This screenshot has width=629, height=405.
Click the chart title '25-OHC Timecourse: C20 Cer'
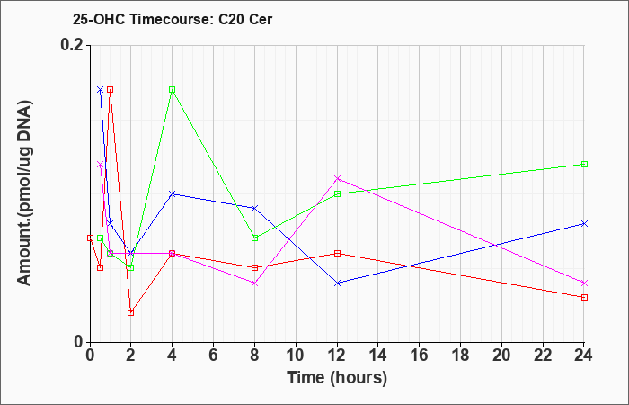173,19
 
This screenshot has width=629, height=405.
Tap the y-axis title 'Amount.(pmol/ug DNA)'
24,193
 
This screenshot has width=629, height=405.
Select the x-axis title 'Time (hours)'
337,378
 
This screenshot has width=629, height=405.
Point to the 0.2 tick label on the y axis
72,45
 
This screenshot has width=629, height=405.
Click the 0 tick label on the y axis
78,342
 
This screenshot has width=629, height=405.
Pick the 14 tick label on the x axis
378,355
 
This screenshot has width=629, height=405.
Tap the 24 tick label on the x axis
584,355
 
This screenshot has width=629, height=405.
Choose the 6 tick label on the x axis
214,355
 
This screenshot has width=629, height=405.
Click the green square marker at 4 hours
173,90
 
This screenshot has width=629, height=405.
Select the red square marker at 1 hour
111,90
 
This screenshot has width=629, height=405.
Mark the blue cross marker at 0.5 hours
101,90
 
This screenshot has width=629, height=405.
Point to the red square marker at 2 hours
131,312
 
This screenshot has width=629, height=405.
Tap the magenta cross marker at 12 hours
337,178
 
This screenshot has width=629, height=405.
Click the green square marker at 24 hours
584,164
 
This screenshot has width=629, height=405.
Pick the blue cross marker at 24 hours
584,223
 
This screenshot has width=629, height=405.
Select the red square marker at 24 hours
584,297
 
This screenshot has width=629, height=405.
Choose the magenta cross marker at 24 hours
584,283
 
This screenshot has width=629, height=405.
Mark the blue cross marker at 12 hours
337,283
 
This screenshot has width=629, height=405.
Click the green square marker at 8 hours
254,238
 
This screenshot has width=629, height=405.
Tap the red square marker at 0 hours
90,238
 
